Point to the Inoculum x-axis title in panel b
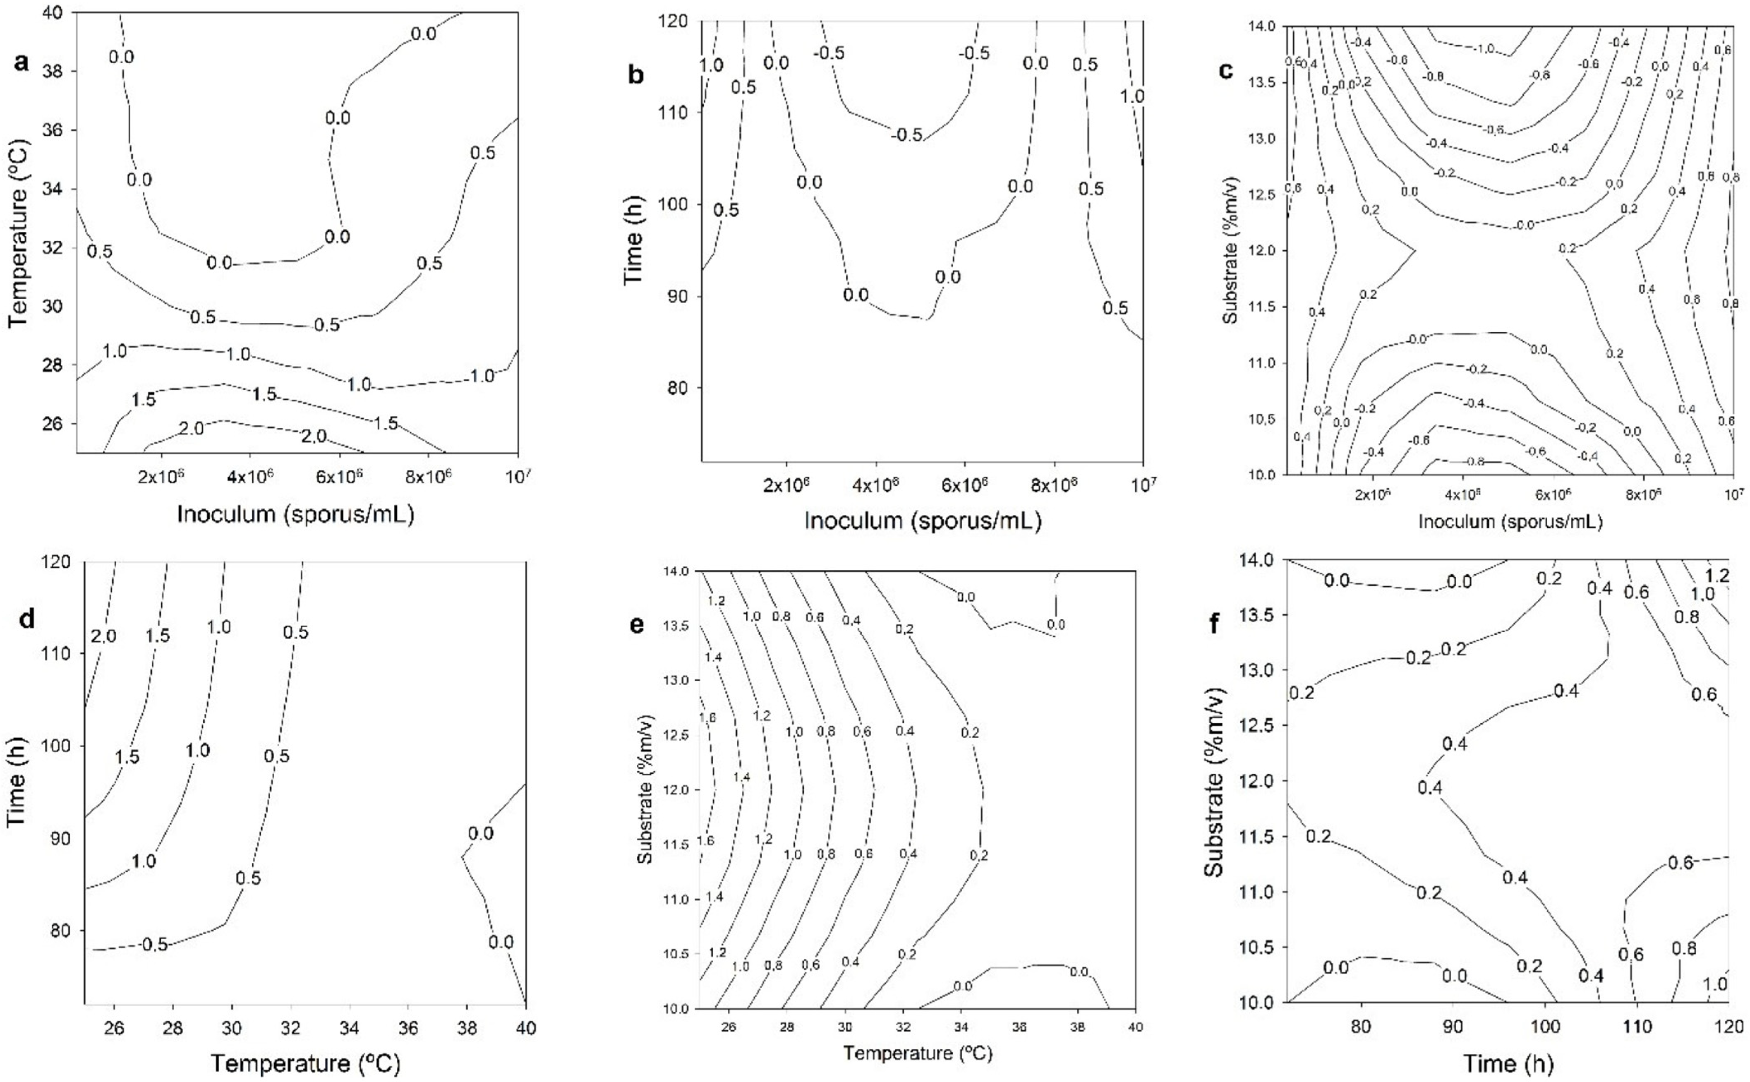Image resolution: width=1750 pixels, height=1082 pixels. pyautogui.click(x=923, y=520)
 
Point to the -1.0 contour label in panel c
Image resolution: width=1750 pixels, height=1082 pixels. pyautogui.click(x=1479, y=49)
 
